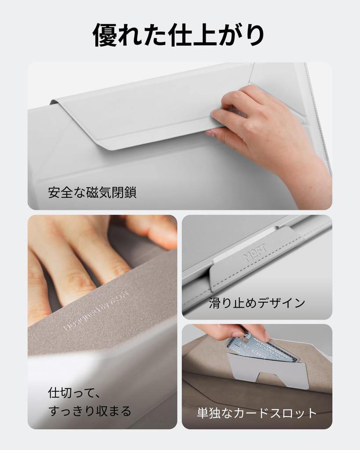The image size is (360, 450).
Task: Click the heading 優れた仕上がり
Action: (x=180, y=35)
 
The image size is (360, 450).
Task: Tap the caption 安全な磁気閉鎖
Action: (x=92, y=192)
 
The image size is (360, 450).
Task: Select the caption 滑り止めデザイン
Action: (x=257, y=303)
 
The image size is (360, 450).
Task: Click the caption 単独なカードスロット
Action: (x=257, y=413)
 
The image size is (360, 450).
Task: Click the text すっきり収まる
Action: (x=89, y=411)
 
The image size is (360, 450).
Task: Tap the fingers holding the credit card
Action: (x=233, y=332)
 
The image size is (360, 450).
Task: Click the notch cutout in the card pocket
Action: (x=273, y=378)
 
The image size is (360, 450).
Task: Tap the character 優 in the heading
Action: (x=105, y=35)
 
